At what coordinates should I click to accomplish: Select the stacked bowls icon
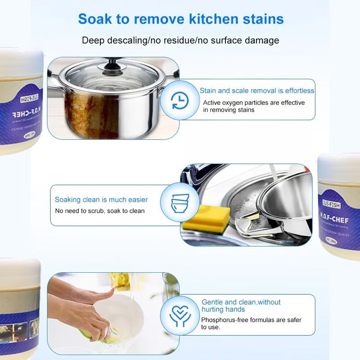180,202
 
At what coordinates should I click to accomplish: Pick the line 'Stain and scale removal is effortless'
257,90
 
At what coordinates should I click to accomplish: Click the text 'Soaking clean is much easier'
101,199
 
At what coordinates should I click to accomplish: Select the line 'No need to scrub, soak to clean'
100,211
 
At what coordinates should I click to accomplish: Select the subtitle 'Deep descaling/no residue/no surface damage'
180,40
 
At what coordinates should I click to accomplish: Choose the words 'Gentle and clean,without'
241,302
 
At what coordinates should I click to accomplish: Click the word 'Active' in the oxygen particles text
212,103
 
